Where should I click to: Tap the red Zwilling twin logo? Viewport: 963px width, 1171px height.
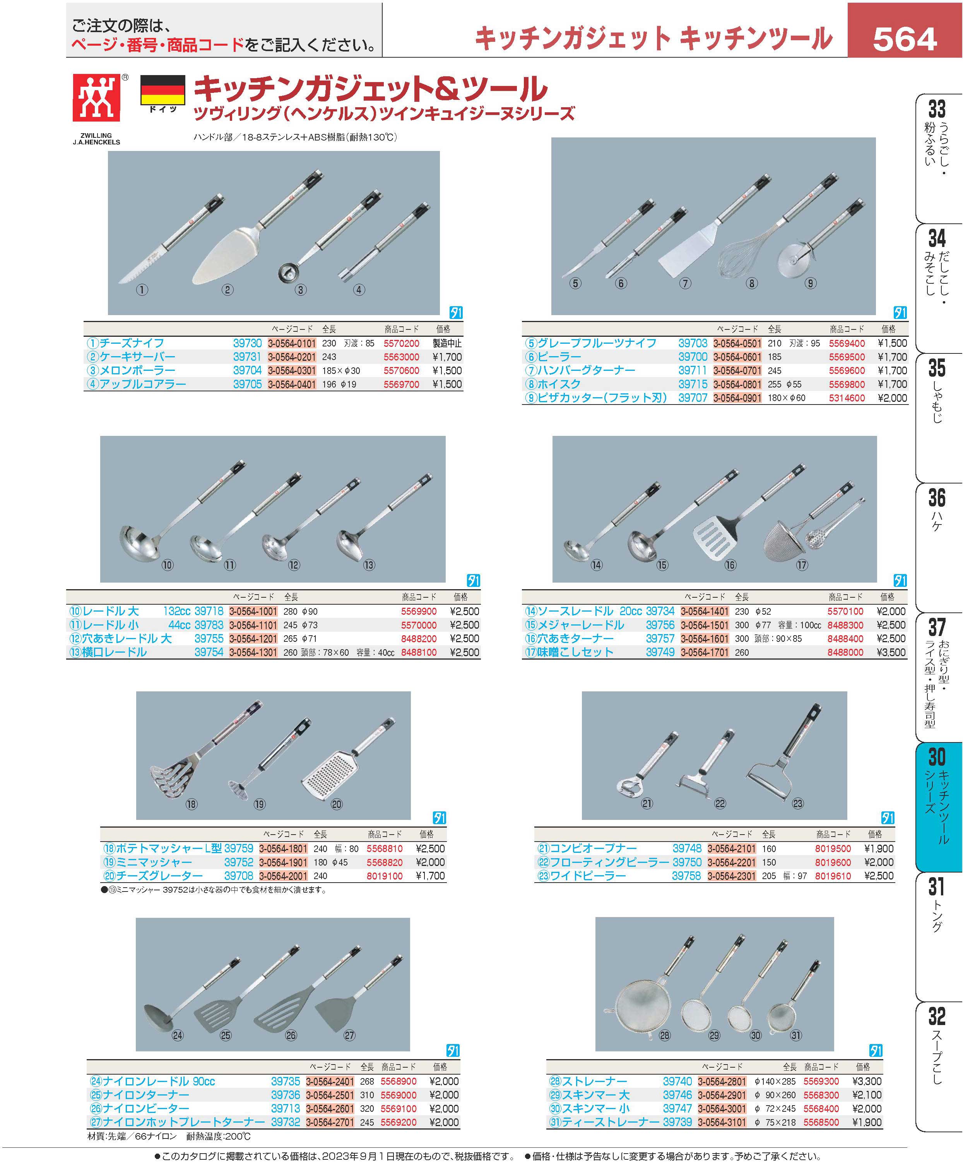point(96,98)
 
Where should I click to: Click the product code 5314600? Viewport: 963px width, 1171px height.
point(847,398)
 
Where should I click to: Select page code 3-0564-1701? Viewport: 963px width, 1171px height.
point(705,652)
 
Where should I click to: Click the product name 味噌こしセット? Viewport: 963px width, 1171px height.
point(575,652)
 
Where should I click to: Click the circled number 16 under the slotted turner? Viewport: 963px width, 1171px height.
point(730,565)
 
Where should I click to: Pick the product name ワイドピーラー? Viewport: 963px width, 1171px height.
point(587,876)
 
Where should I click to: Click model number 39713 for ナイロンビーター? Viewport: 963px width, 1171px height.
point(285,1108)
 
